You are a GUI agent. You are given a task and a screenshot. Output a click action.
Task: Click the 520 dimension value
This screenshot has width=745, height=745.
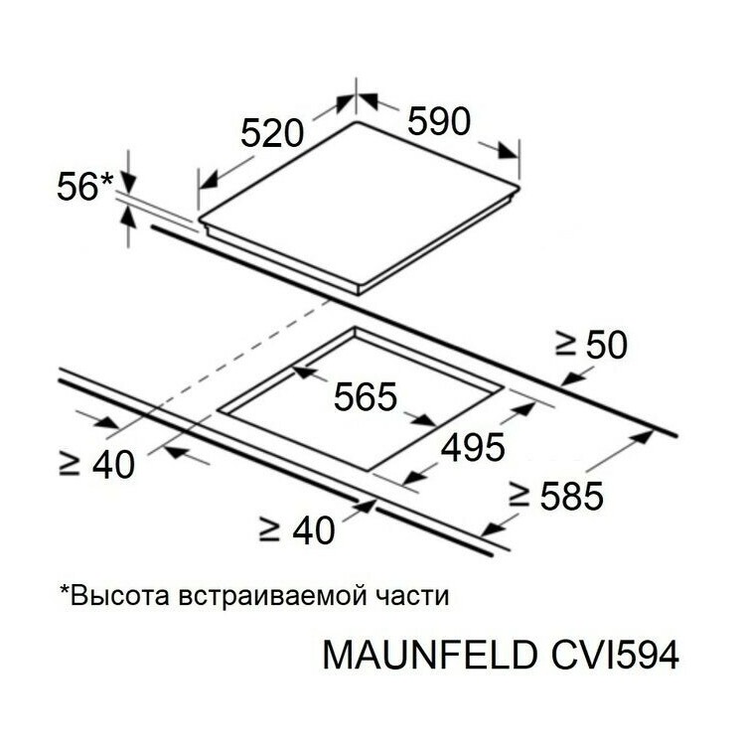click(272, 133)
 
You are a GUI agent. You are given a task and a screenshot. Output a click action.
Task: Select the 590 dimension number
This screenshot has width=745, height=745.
click(439, 121)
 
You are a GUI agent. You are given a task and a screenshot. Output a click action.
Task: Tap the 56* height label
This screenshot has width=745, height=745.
click(84, 186)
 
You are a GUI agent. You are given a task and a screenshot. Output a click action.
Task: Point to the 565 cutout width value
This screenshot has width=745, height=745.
click(365, 396)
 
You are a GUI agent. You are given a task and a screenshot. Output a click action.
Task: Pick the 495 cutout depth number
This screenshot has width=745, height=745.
click(473, 447)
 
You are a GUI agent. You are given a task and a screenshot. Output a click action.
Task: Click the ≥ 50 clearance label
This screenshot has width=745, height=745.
click(591, 345)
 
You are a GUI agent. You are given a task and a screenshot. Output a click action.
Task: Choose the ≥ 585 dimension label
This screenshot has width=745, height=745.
click(556, 496)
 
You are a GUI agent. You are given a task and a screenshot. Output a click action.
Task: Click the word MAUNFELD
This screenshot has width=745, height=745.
click(430, 656)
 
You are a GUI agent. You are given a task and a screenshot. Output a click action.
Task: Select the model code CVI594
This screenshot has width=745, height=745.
click(615, 656)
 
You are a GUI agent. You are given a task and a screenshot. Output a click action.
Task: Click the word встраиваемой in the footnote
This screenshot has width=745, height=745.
click(273, 597)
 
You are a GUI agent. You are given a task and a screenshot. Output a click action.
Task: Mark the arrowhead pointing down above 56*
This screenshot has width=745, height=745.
click(128, 181)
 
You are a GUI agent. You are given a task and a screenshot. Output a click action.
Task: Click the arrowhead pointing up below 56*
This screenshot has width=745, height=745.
click(127, 219)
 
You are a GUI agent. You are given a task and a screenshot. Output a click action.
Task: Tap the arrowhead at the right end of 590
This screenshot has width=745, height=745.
click(508, 152)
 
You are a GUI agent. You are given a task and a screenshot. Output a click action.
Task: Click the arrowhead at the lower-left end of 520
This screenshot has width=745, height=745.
click(208, 181)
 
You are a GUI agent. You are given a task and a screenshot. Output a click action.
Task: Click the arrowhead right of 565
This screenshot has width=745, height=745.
click(424, 419)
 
